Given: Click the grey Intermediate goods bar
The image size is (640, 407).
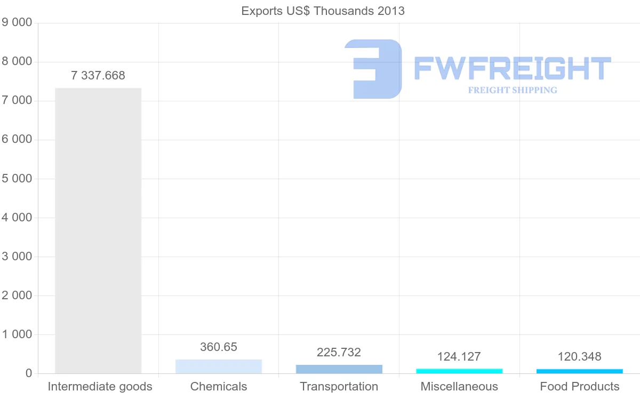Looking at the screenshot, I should coord(98,230).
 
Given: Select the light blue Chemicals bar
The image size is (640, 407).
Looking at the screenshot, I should coord(219,366).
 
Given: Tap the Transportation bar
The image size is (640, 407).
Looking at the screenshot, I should coord(339,369).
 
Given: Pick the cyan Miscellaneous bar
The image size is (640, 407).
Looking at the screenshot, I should coord(459,371).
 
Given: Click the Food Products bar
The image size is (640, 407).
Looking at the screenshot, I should coord(580,371).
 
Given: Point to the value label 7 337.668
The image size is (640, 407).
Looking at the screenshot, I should coord(98,76).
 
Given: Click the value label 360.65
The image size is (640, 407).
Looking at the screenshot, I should coord(219,347).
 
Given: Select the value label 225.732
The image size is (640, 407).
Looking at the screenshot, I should coord(339,352).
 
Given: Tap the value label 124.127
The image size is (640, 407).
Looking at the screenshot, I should coord(459,356).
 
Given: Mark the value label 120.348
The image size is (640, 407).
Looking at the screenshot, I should coord(580,356).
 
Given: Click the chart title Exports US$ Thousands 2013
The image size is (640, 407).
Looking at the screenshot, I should coord(323,11).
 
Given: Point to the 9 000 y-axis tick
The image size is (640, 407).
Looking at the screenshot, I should coord(17,22).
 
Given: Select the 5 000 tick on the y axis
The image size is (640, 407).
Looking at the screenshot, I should coord(17,178).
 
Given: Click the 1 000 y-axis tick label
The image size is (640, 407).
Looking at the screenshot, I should coord(17,334).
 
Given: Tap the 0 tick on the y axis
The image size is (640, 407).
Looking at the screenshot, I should coord(28,373).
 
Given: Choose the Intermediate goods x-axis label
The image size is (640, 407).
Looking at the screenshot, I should coord(100,386).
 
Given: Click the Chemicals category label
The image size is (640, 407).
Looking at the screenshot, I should coord(219,386).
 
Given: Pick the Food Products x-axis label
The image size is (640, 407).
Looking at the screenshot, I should coord(580,386).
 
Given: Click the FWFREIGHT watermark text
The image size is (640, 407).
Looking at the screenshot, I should coord(512,68).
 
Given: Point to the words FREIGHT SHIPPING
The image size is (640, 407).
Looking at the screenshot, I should coord(513,90).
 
